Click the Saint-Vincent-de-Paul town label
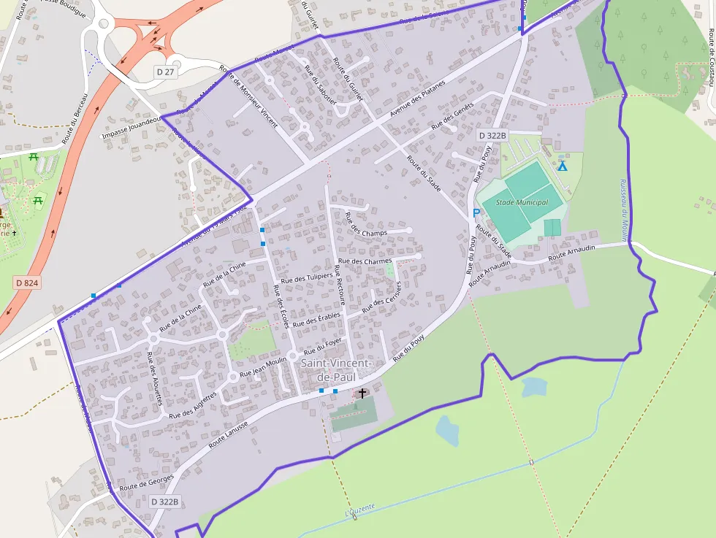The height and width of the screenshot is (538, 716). click(337, 370)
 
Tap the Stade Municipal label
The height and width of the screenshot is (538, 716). click(522, 202)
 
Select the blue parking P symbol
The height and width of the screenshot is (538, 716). click(476, 213)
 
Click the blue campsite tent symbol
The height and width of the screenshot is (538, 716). click(562, 166)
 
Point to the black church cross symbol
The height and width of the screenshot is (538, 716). click(362, 393)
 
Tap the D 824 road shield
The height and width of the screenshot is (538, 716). click(26, 282)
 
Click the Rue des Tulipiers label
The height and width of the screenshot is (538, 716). click(306, 278)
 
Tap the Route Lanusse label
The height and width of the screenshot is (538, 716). click(228, 434)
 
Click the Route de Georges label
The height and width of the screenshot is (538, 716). click(146, 481)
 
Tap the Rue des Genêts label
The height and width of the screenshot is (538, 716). click(452, 115)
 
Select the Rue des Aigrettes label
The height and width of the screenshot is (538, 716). click(193, 406)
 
